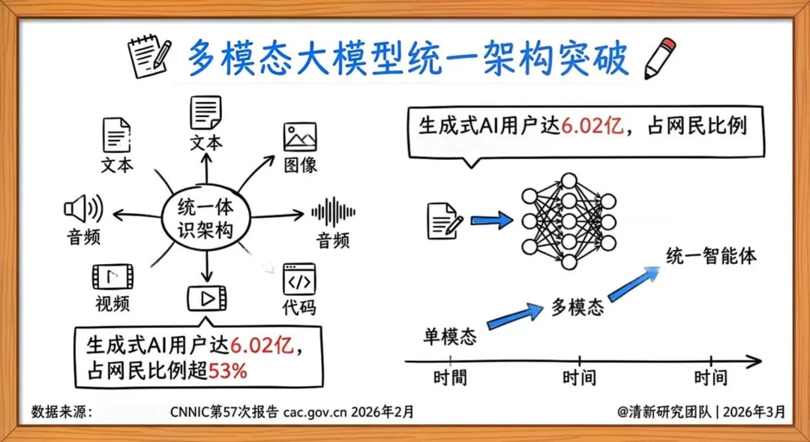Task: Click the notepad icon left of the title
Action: click(x=148, y=58)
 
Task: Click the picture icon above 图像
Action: click(x=300, y=137)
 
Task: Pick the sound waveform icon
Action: click(x=333, y=212)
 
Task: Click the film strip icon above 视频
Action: click(x=113, y=277)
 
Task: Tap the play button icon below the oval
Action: click(x=206, y=299)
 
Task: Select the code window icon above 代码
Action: click(x=299, y=279)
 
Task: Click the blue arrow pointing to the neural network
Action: click(x=492, y=220)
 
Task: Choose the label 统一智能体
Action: click(x=711, y=256)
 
